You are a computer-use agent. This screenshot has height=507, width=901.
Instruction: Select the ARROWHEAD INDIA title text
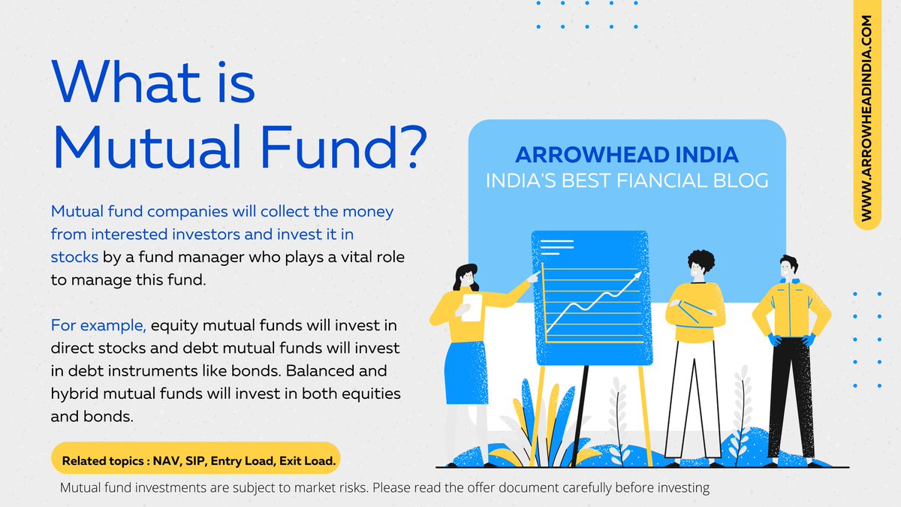tap(627, 155)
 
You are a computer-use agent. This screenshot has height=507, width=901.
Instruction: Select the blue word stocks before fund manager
tap(74, 256)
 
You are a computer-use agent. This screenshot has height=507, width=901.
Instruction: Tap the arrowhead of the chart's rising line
tap(639, 276)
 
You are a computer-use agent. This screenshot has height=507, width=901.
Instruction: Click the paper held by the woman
tap(472, 307)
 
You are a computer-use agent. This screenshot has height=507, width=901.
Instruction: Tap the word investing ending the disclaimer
tap(682, 487)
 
